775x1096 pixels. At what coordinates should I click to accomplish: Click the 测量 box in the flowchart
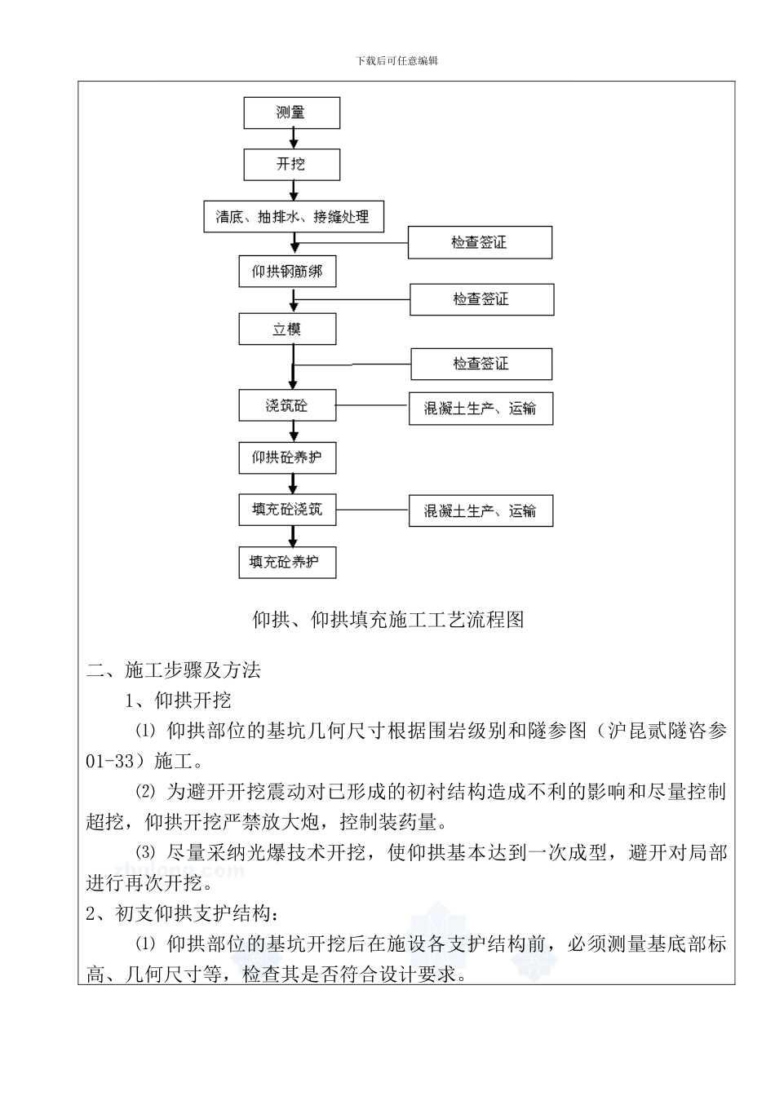pyautogui.click(x=291, y=113)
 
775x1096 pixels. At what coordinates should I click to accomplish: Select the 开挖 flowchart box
pyautogui.click(x=291, y=164)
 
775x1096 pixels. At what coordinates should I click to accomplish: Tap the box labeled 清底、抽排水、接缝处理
pyautogui.click(x=293, y=217)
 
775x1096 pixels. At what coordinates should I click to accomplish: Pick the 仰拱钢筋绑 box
pyautogui.click(x=287, y=271)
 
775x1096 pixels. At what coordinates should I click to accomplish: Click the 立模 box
pyautogui.click(x=287, y=329)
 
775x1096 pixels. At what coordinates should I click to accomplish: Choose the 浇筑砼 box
pyautogui.click(x=287, y=405)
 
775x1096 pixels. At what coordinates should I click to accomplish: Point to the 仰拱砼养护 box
pyautogui.click(x=287, y=457)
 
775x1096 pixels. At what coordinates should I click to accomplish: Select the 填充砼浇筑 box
pyautogui.click(x=287, y=510)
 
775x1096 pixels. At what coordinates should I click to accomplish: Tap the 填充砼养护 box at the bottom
pyautogui.click(x=287, y=562)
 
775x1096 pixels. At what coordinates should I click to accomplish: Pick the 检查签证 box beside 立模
pyautogui.click(x=481, y=364)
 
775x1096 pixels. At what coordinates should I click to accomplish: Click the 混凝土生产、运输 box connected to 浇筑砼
pyautogui.click(x=480, y=409)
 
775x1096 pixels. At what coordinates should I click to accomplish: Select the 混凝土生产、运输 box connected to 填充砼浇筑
pyautogui.click(x=480, y=511)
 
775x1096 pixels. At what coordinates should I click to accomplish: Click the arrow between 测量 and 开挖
pyautogui.click(x=291, y=138)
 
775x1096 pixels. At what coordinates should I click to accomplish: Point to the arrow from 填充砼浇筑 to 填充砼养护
pyautogui.click(x=292, y=536)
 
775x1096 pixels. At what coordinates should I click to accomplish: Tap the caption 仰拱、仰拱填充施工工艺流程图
pyautogui.click(x=387, y=620)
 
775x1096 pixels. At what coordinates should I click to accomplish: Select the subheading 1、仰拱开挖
pyautogui.click(x=177, y=700)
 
